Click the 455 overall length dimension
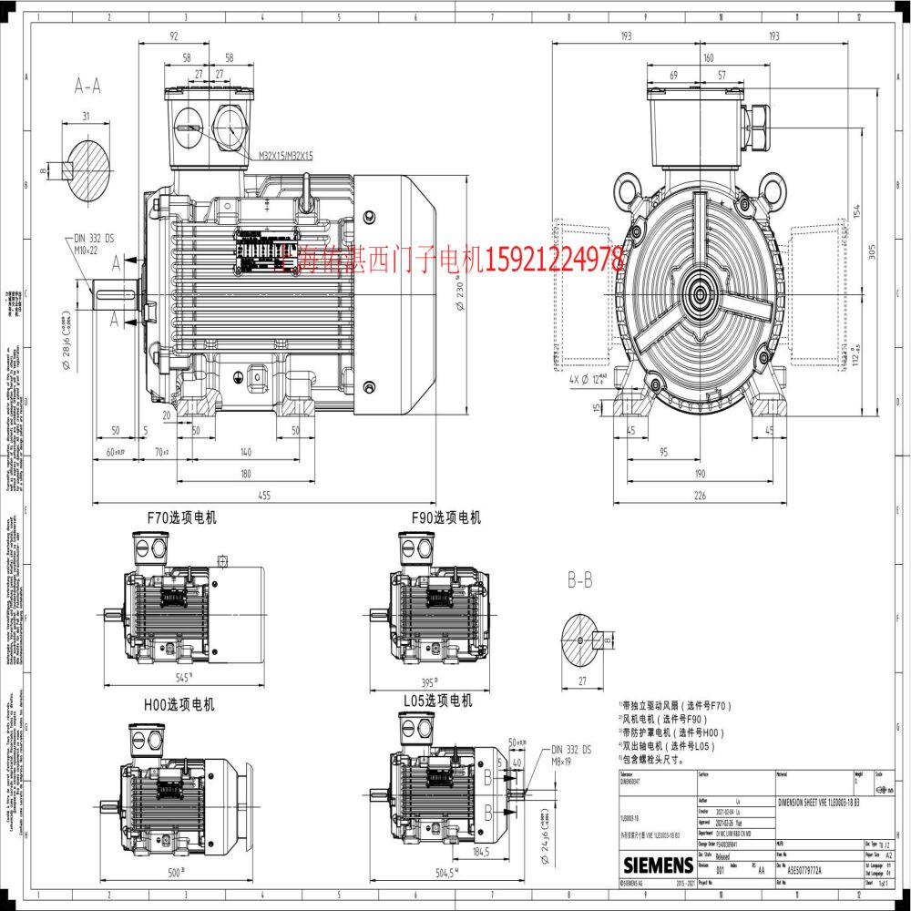tap(263, 496)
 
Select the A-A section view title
tap(87, 86)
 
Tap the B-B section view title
tap(580, 578)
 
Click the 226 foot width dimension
tap(700, 496)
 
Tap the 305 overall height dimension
tap(872, 253)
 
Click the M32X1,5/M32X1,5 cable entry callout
tap(285, 157)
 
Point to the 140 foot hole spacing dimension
tap(246, 452)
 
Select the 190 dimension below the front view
tap(700, 474)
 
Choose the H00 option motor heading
tap(179, 704)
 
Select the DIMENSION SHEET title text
tap(817, 802)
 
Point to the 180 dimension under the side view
tap(246, 474)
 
